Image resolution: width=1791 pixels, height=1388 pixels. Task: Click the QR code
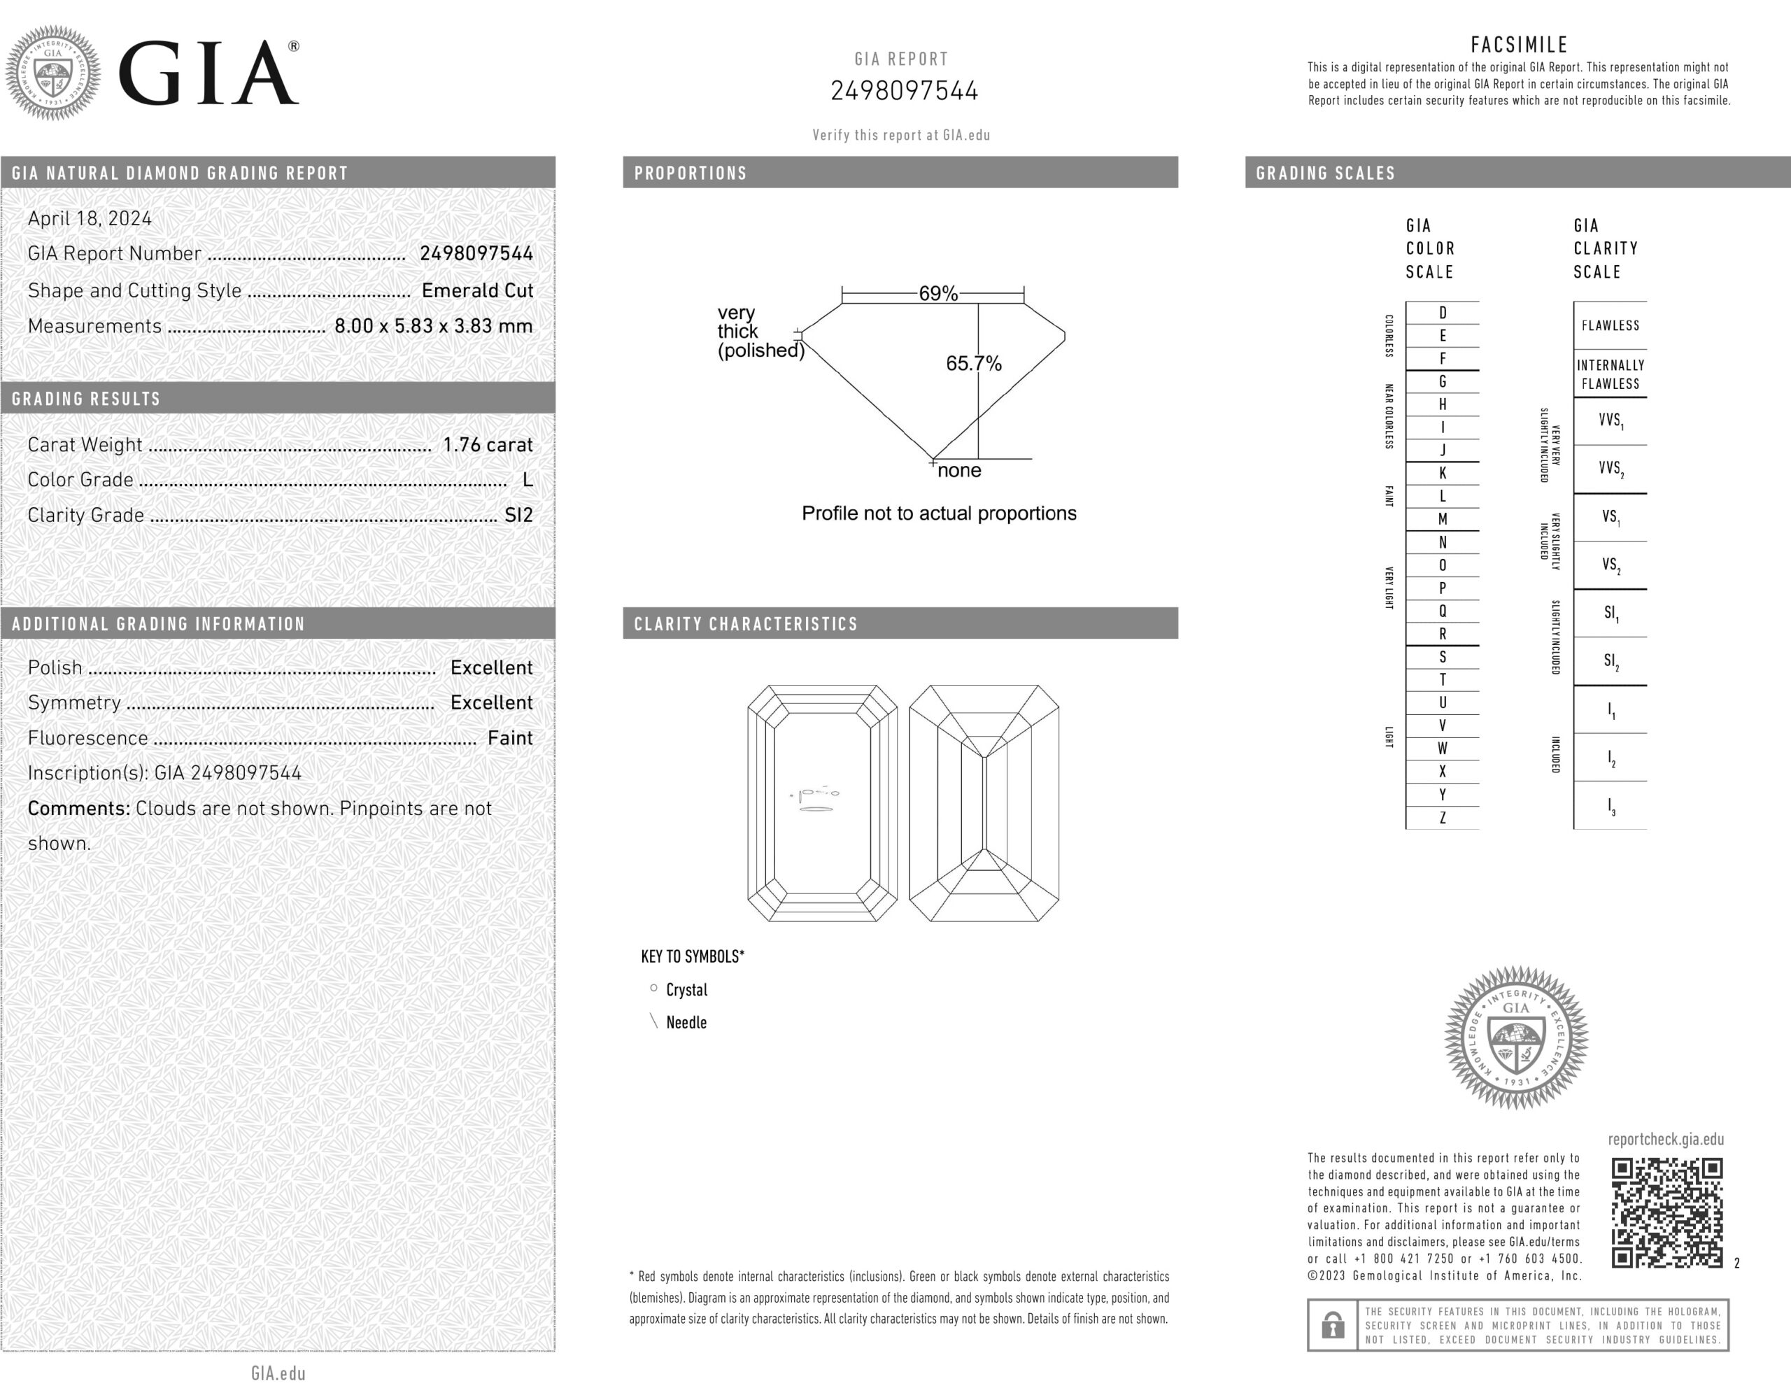1666,1212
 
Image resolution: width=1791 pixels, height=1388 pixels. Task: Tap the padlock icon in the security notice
1333,1325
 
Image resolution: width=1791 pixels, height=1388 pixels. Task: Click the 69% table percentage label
938,294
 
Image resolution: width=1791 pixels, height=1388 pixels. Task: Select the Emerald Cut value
477,290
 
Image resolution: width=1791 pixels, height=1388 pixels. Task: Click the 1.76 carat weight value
488,444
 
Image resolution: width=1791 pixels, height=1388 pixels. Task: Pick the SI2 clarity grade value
518,515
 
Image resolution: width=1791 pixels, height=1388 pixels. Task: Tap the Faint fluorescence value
510,738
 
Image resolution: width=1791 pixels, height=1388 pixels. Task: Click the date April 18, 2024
90,218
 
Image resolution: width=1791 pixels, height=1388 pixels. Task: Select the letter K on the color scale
1443,473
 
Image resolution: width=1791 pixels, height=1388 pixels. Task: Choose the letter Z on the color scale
1443,817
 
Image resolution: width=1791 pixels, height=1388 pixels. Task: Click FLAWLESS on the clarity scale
1610,325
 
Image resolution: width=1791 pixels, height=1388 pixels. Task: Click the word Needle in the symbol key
686,1022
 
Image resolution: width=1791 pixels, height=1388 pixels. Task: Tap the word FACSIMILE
1519,44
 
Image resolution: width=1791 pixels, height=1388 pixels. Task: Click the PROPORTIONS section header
691,173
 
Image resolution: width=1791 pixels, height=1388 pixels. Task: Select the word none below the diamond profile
959,471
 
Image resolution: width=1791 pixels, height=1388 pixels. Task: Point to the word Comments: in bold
79,808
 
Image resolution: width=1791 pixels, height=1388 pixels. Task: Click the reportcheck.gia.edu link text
1666,1139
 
